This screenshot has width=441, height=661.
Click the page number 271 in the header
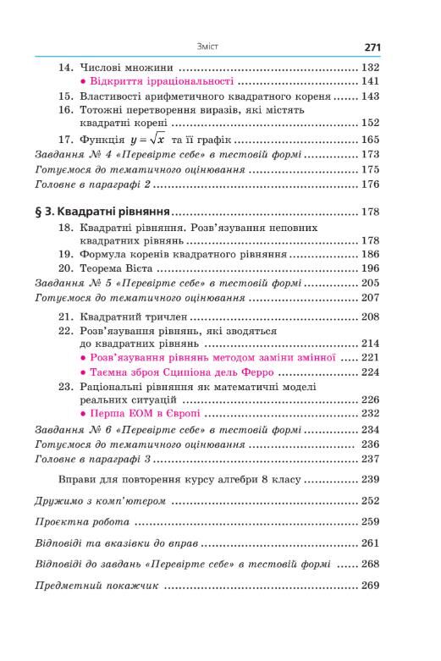click(373, 47)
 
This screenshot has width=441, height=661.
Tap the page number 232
click(370, 415)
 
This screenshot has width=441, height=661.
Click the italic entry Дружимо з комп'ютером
click(100, 500)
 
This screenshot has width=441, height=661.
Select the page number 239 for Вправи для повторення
click(370, 479)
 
